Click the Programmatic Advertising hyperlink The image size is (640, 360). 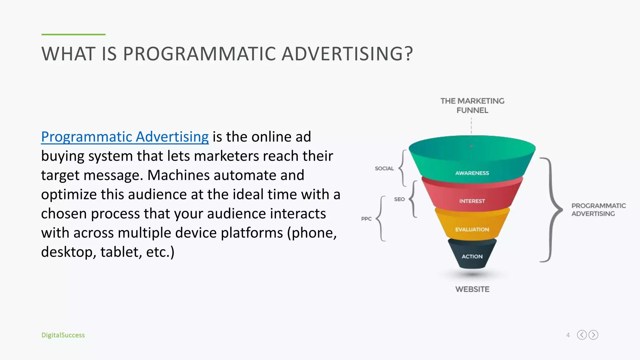[x=125, y=137]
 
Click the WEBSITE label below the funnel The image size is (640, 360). [x=472, y=289]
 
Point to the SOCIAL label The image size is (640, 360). [x=384, y=168]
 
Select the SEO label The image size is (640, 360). [x=399, y=199]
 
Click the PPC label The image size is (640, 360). [x=366, y=219]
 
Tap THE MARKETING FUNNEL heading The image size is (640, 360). [x=472, y=106]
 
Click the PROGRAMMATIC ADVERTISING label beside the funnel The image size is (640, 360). [x=598, y=210]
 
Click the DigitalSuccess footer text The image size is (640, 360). [x=63, y=335]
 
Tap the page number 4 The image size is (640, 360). [x=568, y=335]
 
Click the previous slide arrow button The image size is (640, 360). [x=582, y=335]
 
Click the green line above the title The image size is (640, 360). [x=73, y=34]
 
